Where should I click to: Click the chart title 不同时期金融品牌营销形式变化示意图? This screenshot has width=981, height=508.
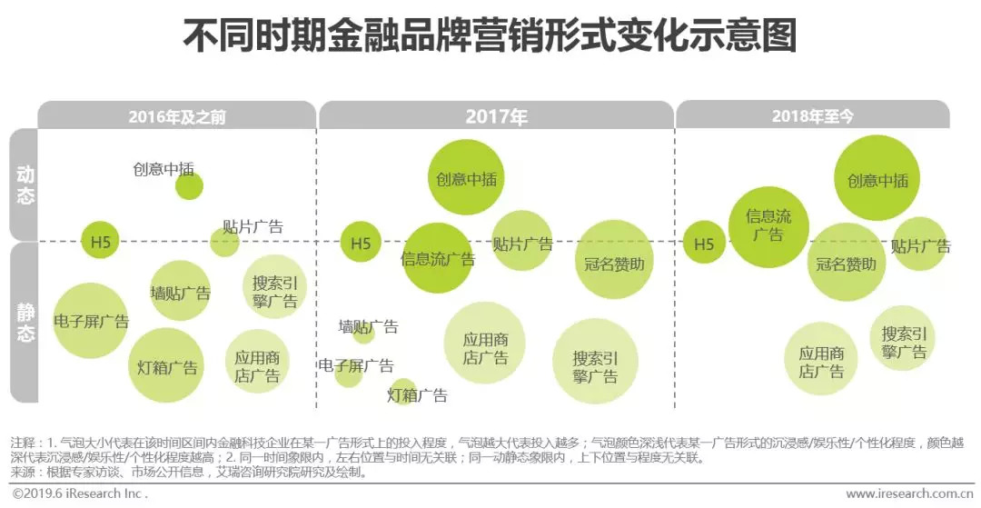pos(490,36)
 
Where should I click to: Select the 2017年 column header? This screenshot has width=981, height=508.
pos(496,116)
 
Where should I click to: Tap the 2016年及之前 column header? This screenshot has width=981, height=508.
pos(177,116)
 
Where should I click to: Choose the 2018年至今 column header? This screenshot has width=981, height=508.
pos(812,116)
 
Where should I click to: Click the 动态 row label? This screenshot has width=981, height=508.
pos(25,184)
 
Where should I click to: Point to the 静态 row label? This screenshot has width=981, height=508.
pos(25,323)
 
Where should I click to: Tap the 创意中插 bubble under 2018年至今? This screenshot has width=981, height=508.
pos(877,179)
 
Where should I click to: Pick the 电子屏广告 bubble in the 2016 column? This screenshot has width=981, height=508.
pos(90,322)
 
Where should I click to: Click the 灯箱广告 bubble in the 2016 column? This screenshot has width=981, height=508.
pos(166,366)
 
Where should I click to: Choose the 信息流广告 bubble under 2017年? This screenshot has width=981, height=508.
pos(438,258)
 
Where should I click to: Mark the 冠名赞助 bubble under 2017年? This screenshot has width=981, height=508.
pos(614,263)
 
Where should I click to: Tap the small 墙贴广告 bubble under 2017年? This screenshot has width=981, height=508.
pos(363,334)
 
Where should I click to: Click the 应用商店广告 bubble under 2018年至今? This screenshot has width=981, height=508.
pos(821,360)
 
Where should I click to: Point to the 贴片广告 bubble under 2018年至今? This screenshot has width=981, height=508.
pos(920,244)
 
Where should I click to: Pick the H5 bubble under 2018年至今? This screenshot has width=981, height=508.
pos(704,244)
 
